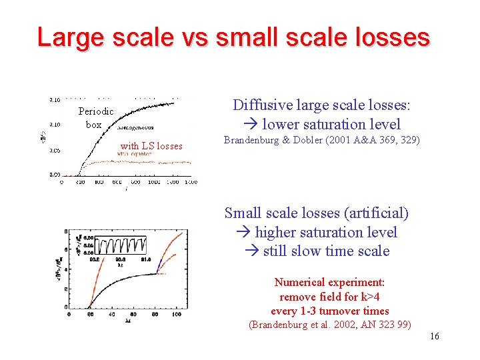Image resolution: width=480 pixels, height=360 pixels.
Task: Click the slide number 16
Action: (435, 336)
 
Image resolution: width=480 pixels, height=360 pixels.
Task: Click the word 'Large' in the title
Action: (69, 37)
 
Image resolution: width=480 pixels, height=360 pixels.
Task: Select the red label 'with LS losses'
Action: (151, 146)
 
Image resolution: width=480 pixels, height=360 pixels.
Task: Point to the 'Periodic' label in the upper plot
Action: (96, 111)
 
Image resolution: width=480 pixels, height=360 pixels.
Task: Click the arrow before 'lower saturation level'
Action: (253, 125)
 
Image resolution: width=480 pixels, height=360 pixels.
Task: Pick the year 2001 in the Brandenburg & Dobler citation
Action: (340, 140)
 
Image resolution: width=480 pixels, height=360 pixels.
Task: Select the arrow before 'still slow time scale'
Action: (253, 251)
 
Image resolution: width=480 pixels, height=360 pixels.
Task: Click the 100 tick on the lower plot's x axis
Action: (177, 314)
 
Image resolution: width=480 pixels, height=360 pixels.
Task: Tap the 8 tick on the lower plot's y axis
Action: (65, 231)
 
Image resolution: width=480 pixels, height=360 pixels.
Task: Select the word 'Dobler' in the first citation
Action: (303, 140)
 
